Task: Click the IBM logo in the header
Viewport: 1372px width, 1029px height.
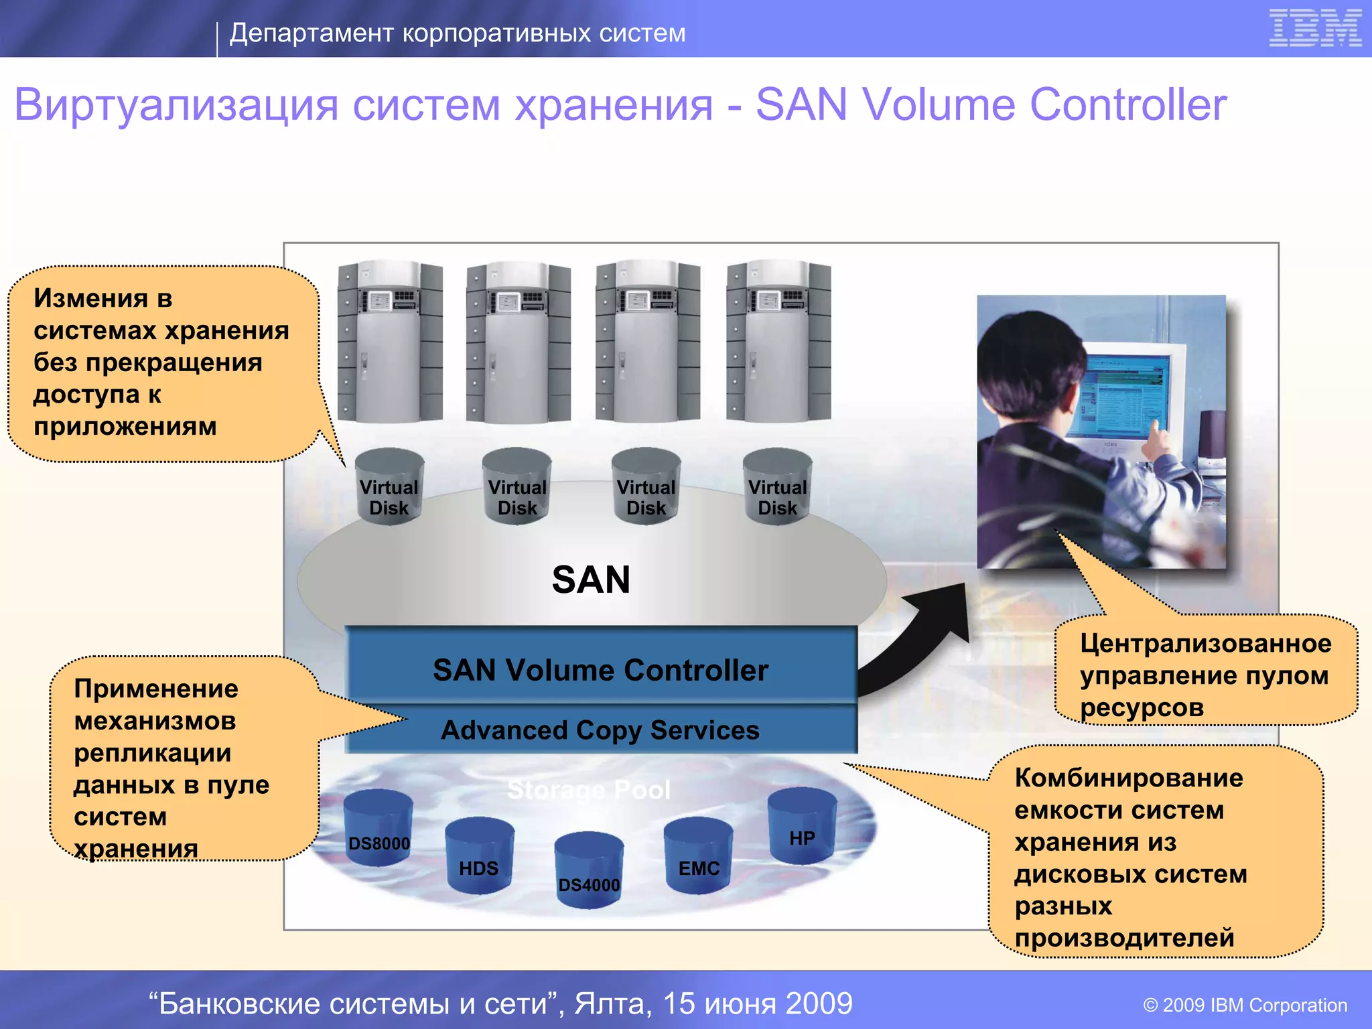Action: tap(1315, 28)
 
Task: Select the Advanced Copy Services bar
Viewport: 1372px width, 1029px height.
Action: tap(601, 730)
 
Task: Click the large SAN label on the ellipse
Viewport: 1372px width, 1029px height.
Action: tap(591, 579)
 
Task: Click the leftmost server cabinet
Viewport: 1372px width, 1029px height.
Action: tap(390, 342)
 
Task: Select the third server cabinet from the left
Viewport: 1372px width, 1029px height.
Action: tap(648, 342)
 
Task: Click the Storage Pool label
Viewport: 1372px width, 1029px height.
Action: tap(589, 790)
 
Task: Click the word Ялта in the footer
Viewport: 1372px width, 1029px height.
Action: tap(612, 1003)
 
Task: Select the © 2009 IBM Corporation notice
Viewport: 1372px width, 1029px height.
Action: tap(1245, 1005)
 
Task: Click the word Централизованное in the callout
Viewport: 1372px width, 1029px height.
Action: tap(1205, 643)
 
